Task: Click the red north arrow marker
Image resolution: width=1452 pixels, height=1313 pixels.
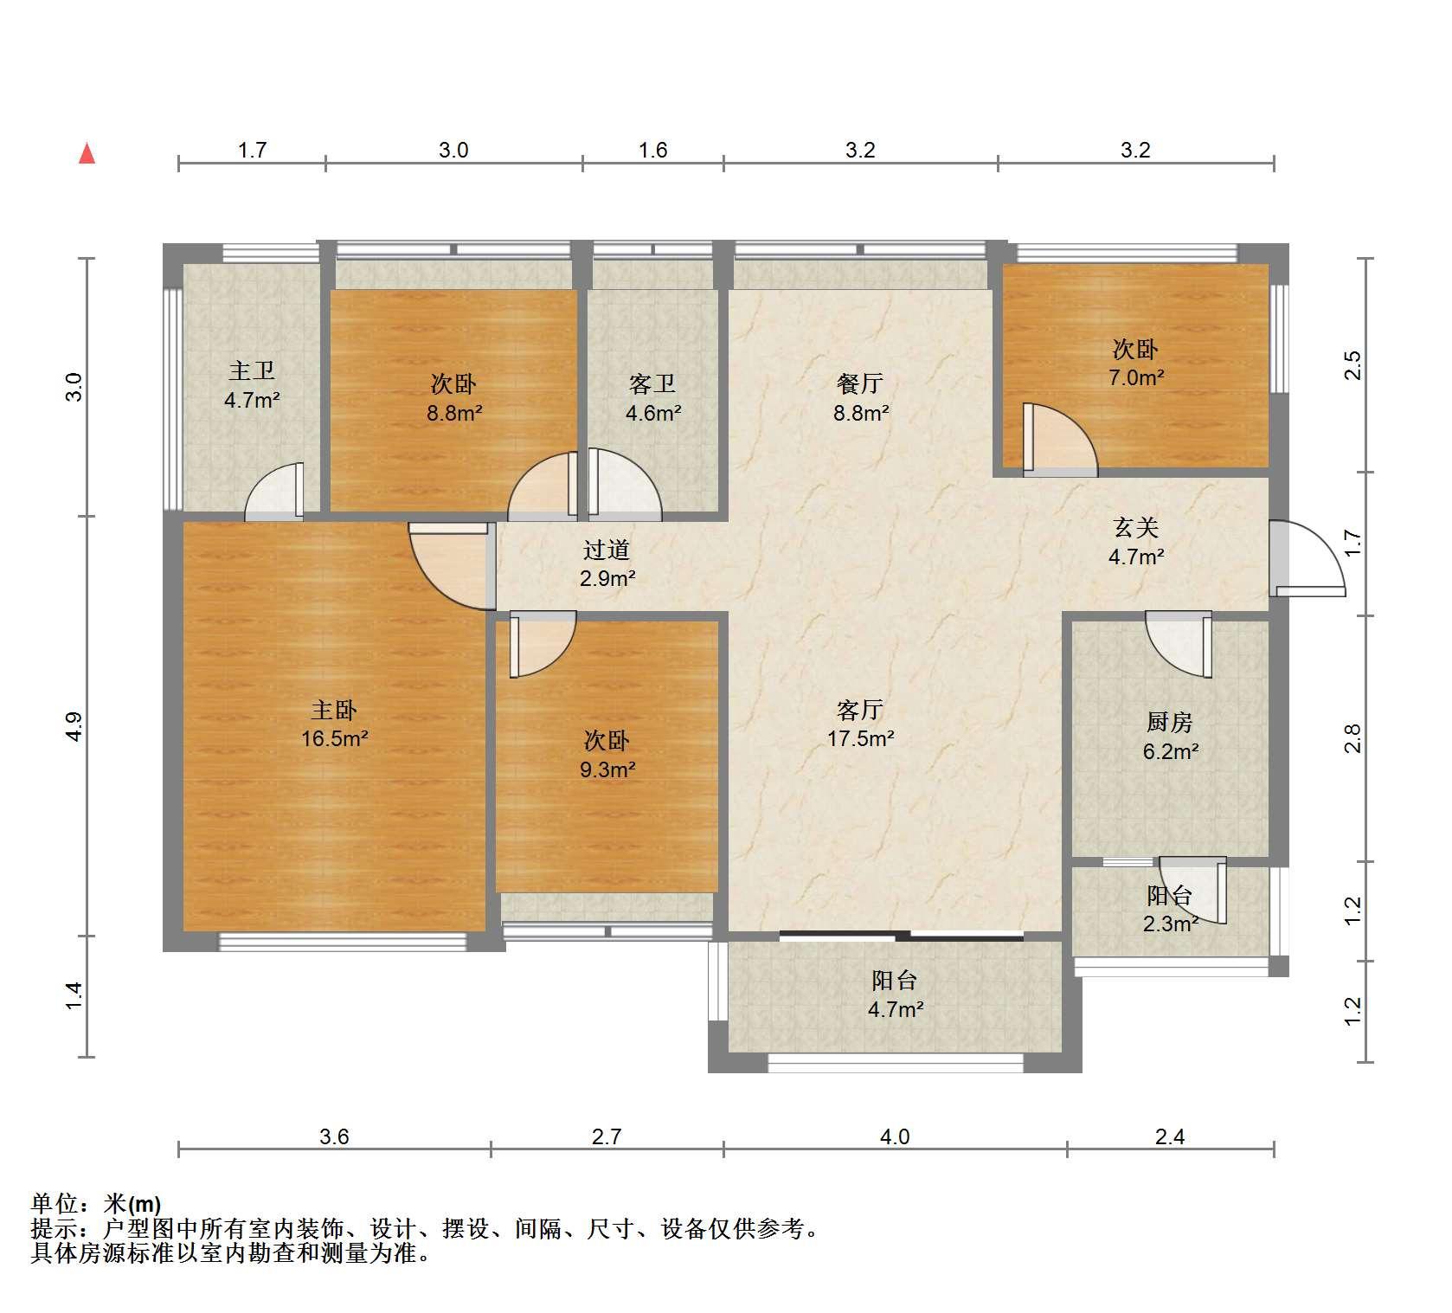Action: [x=87, y=153]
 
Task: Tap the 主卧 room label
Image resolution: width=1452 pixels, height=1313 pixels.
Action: [x=334, y=711]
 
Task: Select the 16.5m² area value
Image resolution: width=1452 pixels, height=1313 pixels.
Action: [x=334, y=739]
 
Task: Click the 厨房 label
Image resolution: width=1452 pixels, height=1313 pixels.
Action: [x=1170, y=722]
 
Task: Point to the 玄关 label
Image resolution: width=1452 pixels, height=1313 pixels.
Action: [x=1135, y=527]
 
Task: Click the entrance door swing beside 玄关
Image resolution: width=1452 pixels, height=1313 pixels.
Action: [x=1307, y=558]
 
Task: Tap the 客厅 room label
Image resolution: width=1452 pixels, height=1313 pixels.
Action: [x=860, y=711]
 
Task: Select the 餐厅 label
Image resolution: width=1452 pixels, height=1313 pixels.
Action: [x=860, y=383]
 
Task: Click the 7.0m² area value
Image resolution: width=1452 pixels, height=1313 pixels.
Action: [x=1135, y=377]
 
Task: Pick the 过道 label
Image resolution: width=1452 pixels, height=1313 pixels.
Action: [x=607, y=550]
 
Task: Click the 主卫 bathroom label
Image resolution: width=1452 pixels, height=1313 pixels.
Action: [x=252, y=371]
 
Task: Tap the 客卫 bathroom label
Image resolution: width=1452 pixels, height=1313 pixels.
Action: [x=652, y=383]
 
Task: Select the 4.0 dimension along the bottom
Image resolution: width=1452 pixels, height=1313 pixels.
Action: [x=895, y=1136]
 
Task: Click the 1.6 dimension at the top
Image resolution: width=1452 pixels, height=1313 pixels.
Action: [x=652, y=150]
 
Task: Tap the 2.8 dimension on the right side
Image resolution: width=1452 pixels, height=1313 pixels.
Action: [x=1353, y=738]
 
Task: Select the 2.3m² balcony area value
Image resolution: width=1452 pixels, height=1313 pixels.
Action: [x=1170, y=924]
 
